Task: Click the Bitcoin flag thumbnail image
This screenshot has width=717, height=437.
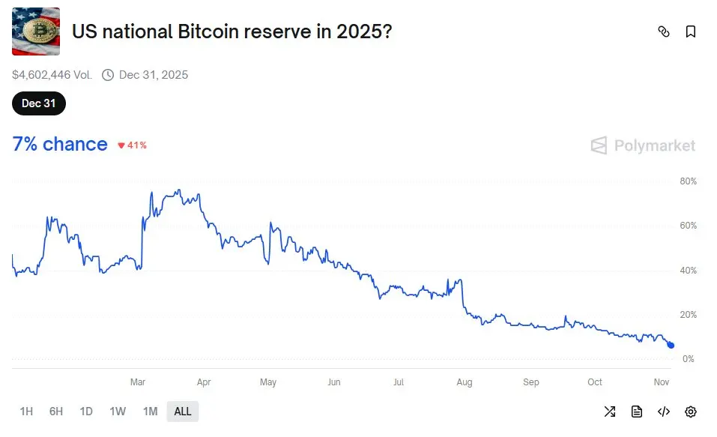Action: pyautogui.click(x=35, y=31)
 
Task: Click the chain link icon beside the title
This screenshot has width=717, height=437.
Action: pyautogui.click(x=663, y=31)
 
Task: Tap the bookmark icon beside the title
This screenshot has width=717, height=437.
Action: pyautogui.click(x=691, y=31)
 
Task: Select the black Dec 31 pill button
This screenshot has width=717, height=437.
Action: pyautogui.click(x=39, y=103)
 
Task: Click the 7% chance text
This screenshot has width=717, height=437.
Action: pyautogui.click(x=60, y=144)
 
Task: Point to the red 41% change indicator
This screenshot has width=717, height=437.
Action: pyautogui.click(x=132, y=145)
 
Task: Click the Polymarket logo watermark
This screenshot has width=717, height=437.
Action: pyautogui.click(x=643, y=145)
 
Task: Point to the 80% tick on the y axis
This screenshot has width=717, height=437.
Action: pyautogui.click(x=688, y=181)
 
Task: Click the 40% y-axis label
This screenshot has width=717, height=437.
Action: pyautogui.click(x=688, y=271)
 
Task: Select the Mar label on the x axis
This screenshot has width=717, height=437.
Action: pyautogui.click(x=137, y=382)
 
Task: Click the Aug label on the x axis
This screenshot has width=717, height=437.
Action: pyautogui.click(x=465, y=382)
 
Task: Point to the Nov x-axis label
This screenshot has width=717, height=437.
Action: pyautogui.click(x=661, y=382)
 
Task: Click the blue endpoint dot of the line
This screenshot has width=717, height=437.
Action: pyautogui.click(x=671, y=345)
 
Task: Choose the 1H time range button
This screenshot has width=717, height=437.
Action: pyautogui.click(x=26, y=412)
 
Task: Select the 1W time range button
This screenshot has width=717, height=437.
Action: pyautogui.click(x=118, y=412)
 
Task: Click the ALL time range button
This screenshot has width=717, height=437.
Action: pyautogui.click(x=183, y=412)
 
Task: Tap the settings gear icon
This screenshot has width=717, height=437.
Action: pyautogui.click(x=691, y=412)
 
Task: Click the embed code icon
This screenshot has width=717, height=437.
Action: pyautogui.click(x=664, y=412)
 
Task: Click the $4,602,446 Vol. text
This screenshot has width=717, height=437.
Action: pyautogui.click(x=52, y=75)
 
